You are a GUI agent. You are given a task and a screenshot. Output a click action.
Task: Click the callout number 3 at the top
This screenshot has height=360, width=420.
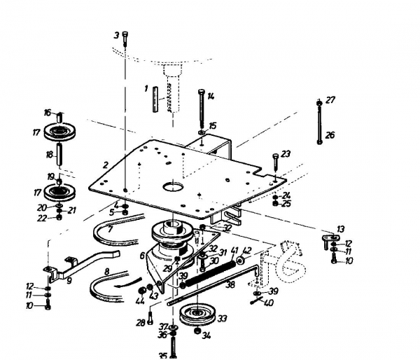point(116,35)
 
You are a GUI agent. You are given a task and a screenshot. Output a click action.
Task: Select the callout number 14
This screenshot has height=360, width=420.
point(211,96)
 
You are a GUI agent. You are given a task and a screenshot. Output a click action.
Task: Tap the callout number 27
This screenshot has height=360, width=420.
point(330,100)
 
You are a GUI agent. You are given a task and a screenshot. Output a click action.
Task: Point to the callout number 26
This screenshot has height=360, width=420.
point(330,135)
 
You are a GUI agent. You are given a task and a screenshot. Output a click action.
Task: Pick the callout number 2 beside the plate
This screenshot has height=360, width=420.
point(105,165)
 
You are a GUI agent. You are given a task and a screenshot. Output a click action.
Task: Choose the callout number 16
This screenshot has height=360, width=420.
point(48,112)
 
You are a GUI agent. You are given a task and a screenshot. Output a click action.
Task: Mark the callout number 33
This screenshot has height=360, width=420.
point(223,319)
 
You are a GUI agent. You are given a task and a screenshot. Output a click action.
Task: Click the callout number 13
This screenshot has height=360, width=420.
point(341,230)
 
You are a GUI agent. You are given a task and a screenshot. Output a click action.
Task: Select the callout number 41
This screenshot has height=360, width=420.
point(234,251)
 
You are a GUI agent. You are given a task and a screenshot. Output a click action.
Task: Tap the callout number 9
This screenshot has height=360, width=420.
point(69,281)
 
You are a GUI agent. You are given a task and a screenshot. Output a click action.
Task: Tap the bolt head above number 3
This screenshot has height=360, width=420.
point(125,36)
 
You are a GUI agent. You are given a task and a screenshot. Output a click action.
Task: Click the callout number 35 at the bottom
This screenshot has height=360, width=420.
point(163,356)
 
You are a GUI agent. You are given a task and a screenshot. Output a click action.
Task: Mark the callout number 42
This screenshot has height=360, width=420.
point(247,251)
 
